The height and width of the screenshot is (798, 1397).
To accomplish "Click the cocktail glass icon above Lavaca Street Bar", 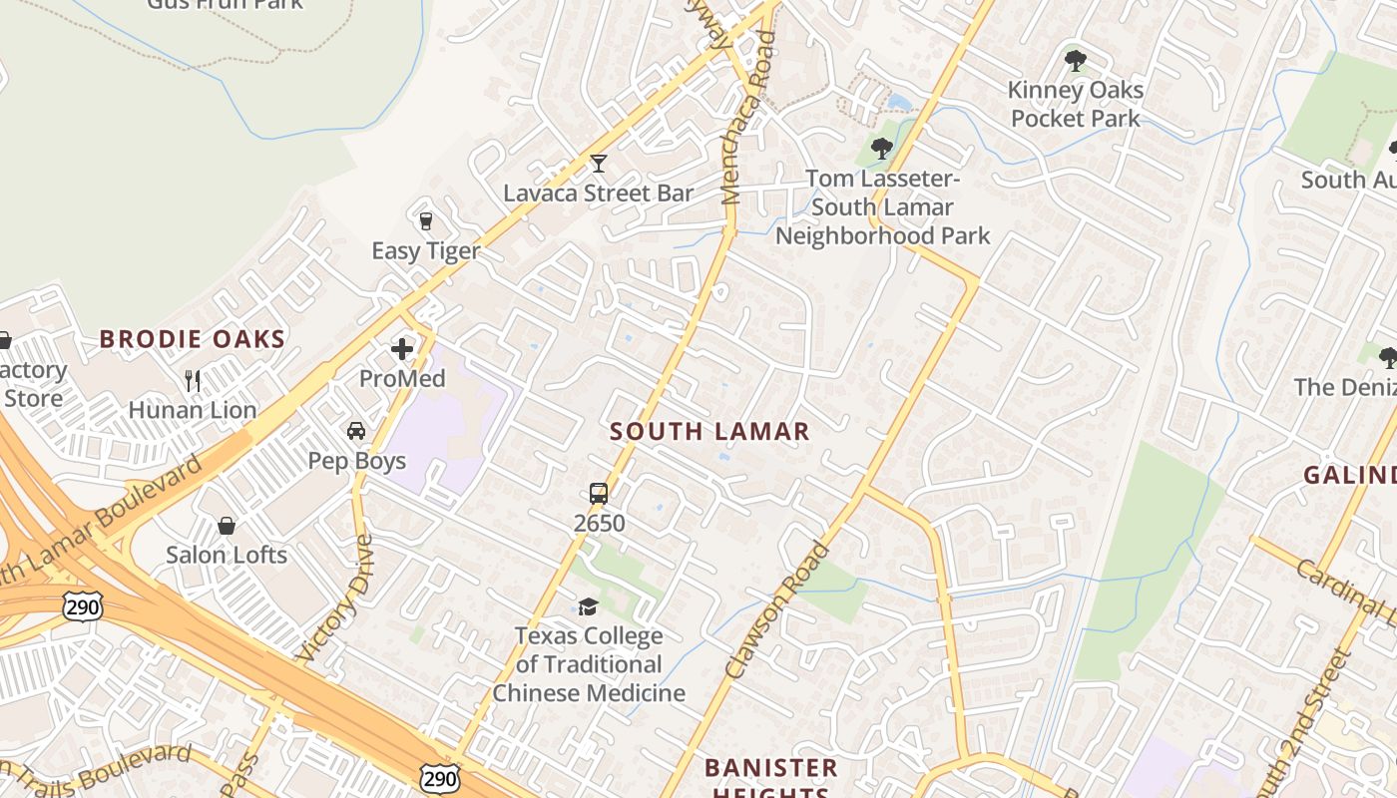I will pos(598,163).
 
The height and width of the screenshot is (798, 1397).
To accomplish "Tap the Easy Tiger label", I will pos(426,250).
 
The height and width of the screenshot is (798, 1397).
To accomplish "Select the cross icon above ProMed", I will pos(402,349).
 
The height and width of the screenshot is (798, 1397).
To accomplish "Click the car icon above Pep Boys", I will pos(356,431).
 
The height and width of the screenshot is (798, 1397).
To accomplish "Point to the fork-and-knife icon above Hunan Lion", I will pos(193,380).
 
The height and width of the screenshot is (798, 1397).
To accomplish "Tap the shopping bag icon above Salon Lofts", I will pos(227,526).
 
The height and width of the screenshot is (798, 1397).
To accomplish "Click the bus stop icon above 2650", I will pos(599,493).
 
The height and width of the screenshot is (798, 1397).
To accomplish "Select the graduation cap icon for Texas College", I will pos(589,606).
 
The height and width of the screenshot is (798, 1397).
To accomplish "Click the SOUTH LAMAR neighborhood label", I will pos(709,432).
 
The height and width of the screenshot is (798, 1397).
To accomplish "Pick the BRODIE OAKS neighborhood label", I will pos(193,339).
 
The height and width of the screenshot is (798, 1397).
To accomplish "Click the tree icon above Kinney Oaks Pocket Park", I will pos(1075,61).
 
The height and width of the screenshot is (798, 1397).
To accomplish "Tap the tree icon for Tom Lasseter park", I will pos(881,149).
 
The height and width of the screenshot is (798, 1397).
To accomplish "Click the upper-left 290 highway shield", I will pos(82,605).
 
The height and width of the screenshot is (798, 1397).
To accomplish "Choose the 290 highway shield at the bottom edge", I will pos(440,778).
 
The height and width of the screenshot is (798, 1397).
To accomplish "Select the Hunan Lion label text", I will pos(193,410).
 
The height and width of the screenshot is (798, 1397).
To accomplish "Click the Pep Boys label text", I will pos(356,461).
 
